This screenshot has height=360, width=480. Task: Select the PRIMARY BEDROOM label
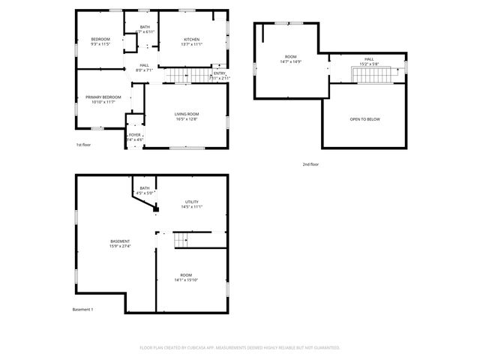pos(103,97)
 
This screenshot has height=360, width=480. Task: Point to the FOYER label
pos(134,134)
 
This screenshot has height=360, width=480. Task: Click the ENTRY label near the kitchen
pos(219,73)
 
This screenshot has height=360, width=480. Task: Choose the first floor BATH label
pos(144,27)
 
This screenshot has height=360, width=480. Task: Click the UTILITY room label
pos(193,202)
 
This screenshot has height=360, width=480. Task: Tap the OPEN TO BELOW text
pos(364,118)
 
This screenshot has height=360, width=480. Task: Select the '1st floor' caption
pos(84,145)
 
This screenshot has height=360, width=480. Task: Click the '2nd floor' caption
pos(310,163)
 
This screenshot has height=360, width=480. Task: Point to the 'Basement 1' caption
pos(82,310)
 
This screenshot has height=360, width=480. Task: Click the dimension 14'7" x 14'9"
pos(290,61)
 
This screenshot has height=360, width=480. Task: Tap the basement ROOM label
pos(185,275)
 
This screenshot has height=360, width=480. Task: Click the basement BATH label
pos(144,188)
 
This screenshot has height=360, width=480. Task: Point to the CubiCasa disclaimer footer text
pos(240,347)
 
